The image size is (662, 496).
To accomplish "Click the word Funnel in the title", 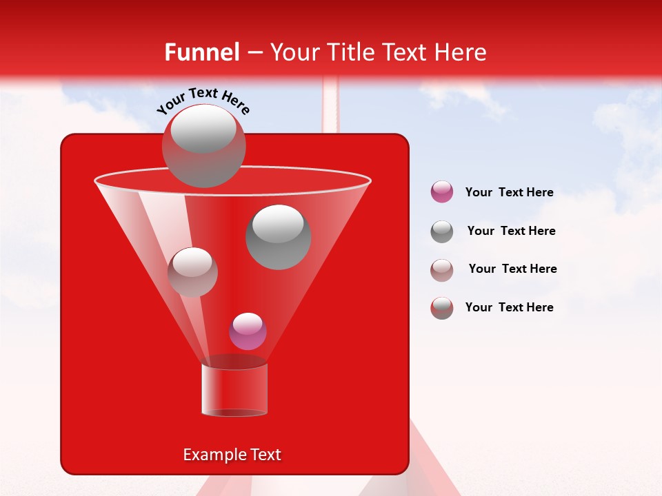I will tap(201, 52).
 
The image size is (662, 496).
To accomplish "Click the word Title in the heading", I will tap(350, 52).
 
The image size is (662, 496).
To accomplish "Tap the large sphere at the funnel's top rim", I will tap(203, 145).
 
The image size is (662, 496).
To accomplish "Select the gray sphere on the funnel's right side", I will tap(278, 236).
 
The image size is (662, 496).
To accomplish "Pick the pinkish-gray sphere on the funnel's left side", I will tap(192, 271).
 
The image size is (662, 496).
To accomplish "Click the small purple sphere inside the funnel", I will tap(248, 331).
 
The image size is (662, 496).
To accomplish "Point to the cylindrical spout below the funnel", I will tap(234, 389).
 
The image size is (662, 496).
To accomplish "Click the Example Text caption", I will tap(232, 455).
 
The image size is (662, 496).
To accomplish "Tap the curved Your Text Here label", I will tap(203, 101).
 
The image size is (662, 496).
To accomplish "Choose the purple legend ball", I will tap(442, 192).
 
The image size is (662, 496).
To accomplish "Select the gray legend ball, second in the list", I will tap(442, 231).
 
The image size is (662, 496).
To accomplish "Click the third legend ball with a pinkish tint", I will tap(442, 269).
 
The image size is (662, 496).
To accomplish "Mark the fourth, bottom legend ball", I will tap(442, 308).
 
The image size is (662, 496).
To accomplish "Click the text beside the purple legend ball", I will tap(509, 192).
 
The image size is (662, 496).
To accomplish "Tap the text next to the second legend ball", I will tap(511, 231).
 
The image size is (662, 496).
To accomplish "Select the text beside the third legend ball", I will tap(512, 269).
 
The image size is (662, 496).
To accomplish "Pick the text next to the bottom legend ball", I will tap(509, 307).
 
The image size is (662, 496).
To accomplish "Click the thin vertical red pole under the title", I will tap(331, 103).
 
